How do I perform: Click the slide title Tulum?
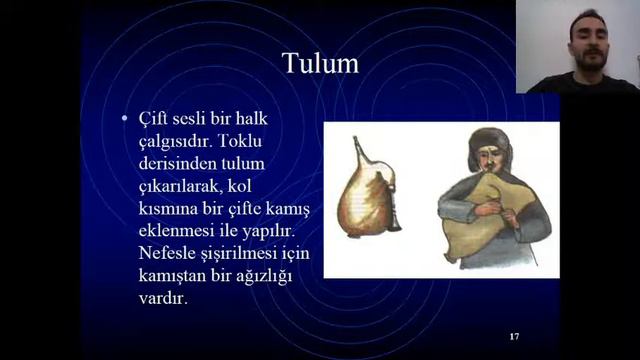319,64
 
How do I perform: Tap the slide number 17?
514,335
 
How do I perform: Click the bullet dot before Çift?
124,119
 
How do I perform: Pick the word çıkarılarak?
181,186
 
